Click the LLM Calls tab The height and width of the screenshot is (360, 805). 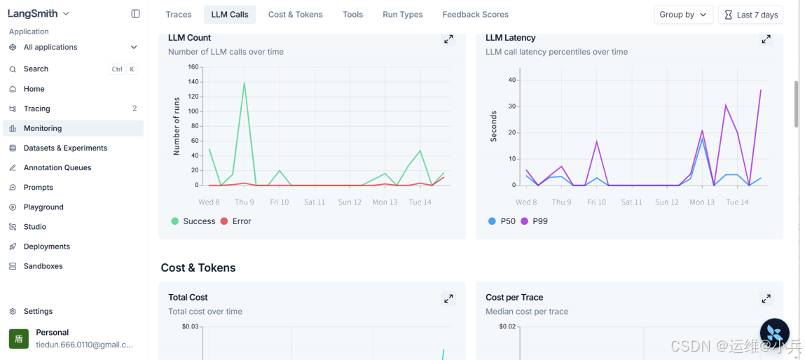[x=230, y=15]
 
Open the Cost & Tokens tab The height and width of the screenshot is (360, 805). [x=295, y=15]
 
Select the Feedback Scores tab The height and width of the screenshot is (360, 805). [x=476, y=15]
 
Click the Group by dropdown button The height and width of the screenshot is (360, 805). [x=683, y=15]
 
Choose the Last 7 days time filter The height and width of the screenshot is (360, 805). [x=751, y=15]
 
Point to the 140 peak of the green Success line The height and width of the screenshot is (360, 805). [x=245, y=83]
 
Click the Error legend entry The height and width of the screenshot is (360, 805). [x=235, y=221]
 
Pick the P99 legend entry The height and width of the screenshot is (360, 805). [x=534, y=221]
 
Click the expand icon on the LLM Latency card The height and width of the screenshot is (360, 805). [x=766, y=39]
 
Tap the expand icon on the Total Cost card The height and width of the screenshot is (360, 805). [x=448, y=298]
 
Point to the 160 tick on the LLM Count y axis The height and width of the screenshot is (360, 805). [x=193, y=67]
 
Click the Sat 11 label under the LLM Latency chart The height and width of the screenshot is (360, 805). [x=631, y=202]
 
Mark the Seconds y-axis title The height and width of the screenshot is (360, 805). [x=494, y=126]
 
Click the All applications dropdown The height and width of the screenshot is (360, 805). [x=73, y=47]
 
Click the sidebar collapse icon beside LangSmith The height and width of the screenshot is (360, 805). [x=135, y=14]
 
